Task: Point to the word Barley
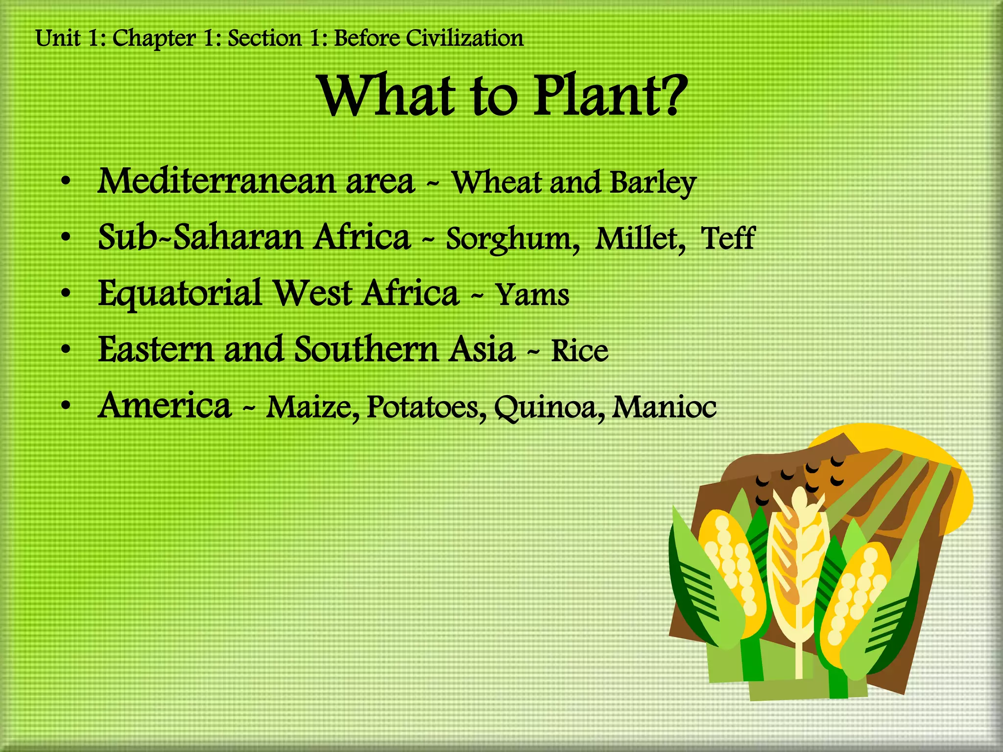pos(653,184)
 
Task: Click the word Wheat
pos(496,183)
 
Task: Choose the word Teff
pos(728,238)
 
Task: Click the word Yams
pos(532,295)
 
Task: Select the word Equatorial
pos(180,294)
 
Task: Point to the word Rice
pos(579,351)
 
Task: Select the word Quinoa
pos(549,408)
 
